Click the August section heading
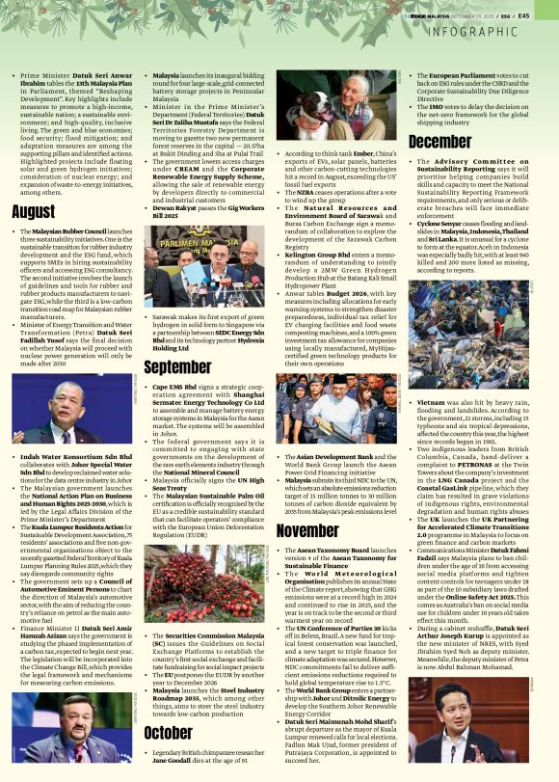click(34, 211)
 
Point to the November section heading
click(307, 530)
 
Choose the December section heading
click(439, 142)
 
